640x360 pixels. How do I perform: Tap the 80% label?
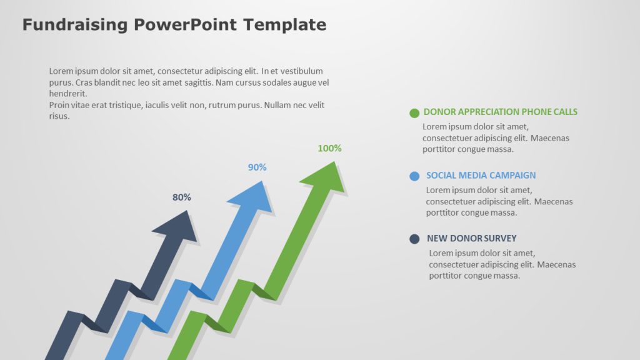click(x=182, y=197)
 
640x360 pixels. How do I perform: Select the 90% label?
click(x=257, y=167)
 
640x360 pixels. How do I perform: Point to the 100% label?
click(x=329, y=148)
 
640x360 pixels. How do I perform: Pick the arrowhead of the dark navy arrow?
click(x=177, y=226)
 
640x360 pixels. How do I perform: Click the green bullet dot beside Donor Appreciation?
click(x=414, y=113)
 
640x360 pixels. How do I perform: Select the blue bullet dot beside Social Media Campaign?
click(x=414, y=176)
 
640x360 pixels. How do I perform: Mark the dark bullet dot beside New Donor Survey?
click(x=414, y=239)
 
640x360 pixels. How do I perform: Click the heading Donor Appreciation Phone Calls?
click(x=500, y=112)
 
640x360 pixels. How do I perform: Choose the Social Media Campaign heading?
click(x=481, y=176)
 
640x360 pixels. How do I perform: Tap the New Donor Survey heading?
click(x=471, y=238)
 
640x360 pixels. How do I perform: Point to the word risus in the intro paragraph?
click(x=59, y=116)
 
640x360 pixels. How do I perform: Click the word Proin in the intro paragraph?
click(x=60, y=105)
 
